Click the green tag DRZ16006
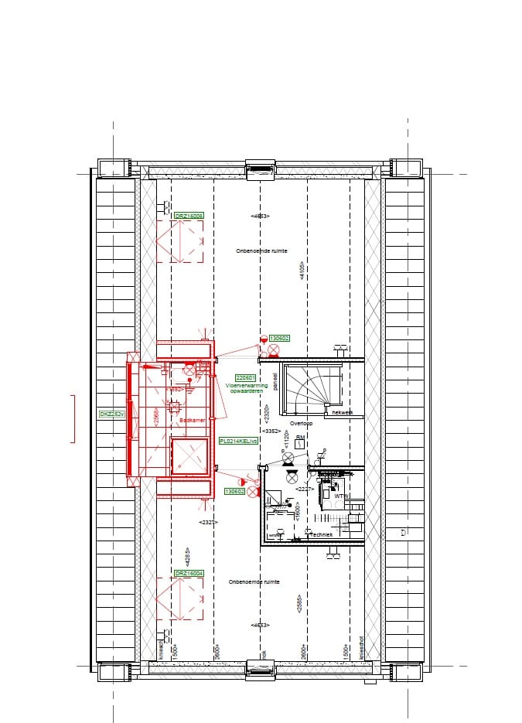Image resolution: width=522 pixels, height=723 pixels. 189,217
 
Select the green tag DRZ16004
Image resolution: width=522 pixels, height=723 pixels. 189,573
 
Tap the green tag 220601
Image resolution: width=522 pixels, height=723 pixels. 234,377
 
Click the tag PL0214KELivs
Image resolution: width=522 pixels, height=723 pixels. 238,440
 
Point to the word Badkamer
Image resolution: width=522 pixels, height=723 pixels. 191,420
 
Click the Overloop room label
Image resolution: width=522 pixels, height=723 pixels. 300,424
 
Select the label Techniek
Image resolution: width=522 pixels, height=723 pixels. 321,534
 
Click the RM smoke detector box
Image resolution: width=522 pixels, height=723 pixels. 300,443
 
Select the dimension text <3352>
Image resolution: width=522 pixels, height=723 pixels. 271,431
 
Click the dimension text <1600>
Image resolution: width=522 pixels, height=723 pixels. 297,510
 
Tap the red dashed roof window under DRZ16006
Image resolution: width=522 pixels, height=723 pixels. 179,241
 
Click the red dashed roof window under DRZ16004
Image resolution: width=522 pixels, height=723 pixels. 179,599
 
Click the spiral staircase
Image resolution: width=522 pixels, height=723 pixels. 312,383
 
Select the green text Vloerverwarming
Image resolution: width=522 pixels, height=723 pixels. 247,384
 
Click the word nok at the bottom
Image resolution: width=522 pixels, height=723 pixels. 264,653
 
